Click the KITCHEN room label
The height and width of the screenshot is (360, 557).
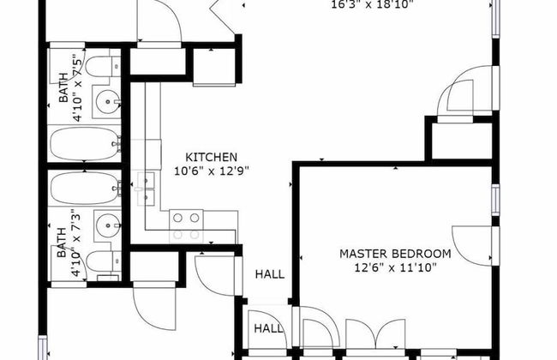[x=211, y=158]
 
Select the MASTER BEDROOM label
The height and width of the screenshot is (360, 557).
[x=395, y=254]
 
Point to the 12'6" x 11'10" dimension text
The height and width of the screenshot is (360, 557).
[x=395, y=267]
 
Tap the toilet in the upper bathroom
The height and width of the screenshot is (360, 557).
[x=103, y=66]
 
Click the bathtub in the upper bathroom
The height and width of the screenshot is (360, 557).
[x=83, y=143]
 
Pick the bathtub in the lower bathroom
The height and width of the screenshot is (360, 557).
[x=83, y=186]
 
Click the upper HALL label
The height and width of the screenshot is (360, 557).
[x=270, y=275]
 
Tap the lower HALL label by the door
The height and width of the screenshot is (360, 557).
[x=267, y=328]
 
